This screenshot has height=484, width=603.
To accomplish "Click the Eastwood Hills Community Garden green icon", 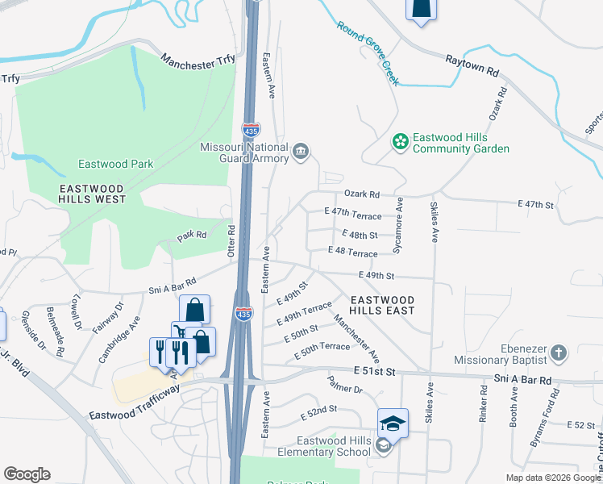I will click(400, 142).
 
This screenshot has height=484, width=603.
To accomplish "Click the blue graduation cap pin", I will click(393, 422).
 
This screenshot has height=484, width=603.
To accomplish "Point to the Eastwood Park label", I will click(115, 164).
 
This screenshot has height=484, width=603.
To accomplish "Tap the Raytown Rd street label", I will click(473, 65).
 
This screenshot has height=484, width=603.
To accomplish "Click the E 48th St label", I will click(360, 235).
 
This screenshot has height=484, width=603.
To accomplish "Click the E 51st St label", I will click(375, 370).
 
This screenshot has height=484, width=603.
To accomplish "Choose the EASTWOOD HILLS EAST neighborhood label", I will click(382, 304).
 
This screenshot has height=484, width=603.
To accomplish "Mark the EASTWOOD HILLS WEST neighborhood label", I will click(92, 193).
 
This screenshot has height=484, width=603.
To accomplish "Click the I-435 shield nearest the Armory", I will click(251, 129).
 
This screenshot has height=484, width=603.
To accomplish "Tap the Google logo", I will click(27, 474).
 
